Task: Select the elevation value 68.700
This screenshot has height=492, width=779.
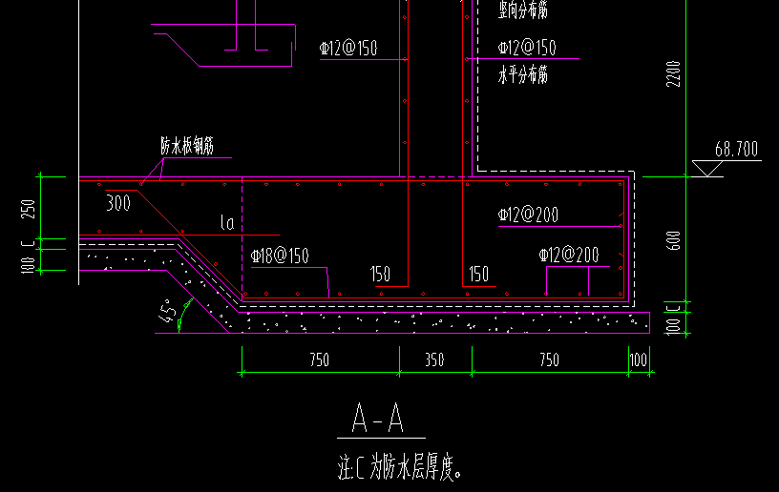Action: click(x=735, y=149)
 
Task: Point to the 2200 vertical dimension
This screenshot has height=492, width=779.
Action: click(x=675, y=73)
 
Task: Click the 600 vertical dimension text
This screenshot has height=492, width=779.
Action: click(x=675, y=239)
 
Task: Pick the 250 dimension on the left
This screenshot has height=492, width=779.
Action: click(x=29, y=208)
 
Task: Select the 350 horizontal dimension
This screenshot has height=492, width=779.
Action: click(x=433, y=360)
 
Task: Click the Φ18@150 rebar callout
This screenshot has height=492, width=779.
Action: click(x=280, y=256)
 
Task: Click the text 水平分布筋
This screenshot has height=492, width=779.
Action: click(x=523, y=73)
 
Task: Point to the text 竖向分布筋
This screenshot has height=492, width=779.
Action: click(x=523, y=11)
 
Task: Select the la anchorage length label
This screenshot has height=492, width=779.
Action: click(x=227, y=223)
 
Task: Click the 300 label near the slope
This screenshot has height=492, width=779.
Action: click(x=118, y=203)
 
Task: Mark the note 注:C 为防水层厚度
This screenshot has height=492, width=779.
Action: click(x=401, y=469)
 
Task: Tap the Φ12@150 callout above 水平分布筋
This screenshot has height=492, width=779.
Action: click(x=526, y=48)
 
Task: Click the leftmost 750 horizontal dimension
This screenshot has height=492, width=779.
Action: click(x=319, y=360)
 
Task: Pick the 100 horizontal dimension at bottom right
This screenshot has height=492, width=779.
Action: click(x=638, y=360)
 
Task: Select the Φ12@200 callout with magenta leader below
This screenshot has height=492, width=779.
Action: click(x=568, y=256)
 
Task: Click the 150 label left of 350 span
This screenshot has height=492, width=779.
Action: click(x=381, y=276)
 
